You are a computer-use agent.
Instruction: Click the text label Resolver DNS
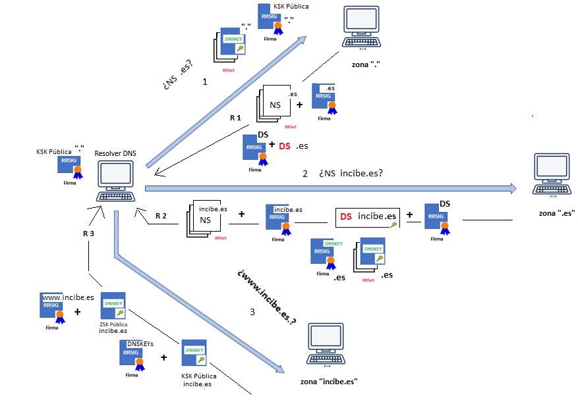pyautogui.click(x=116, y=153)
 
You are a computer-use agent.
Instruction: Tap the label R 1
pyautogui.click(x=235, y=118)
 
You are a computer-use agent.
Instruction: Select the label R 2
pyautogui.click(x=161, y=216)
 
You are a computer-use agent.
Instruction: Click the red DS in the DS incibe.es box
pyautogui.click(x=346, y=216)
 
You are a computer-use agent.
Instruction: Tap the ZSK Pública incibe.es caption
pyautogui.click(x=113, y=327)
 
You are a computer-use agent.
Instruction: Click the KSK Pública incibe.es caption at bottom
pyautogui.click(x=197, y=380)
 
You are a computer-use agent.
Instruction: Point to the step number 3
pyautogui.click(x=252, y=312)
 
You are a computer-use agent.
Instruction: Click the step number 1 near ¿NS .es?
pyautogui.click(x=205, y=82)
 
